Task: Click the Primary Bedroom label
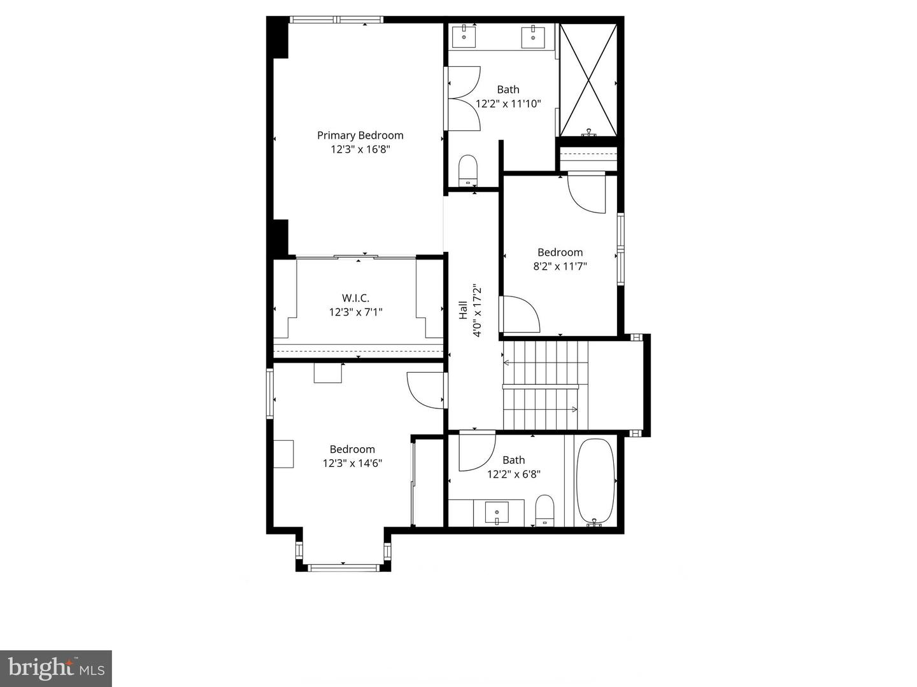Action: (x=360, y=135)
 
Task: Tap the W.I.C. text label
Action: (x=355, y=298)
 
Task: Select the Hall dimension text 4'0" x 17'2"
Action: (x=477, y=310)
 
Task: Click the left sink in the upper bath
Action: (x=464, y=37)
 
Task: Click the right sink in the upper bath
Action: (x=532, y=37)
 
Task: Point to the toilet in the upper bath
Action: (x=468, y=169)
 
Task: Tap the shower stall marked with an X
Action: (x=588, y=80)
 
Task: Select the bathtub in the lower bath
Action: (x=595, y=480)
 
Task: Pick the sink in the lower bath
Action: (x=497, y=511)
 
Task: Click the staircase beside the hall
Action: (x=541, y=385)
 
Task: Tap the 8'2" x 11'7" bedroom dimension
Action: (x=560, y=267)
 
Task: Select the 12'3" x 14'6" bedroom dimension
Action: (x=352, y=464)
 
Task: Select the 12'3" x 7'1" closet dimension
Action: (x=355, y=312)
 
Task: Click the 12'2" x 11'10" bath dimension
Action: (x=508, y=104)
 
